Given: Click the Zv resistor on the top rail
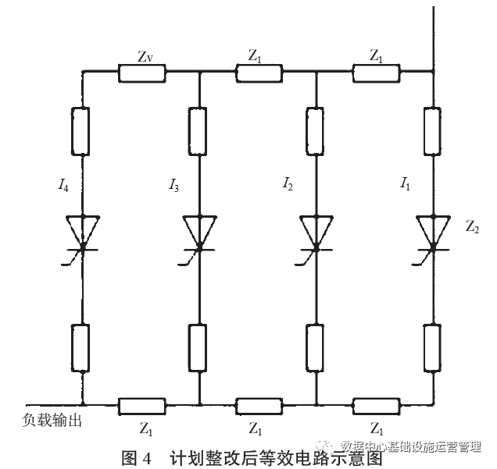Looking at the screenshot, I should coord(141,73).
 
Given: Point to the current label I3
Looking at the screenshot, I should coord(173,185).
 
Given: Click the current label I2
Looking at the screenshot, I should coord(288,185).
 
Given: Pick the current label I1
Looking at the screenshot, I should coord(405,185).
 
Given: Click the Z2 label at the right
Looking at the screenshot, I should coord(471,228).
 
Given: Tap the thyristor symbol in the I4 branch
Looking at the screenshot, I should coord(82,233).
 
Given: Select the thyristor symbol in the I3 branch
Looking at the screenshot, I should coord(199,233).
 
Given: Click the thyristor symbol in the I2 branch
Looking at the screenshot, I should coord(316,233).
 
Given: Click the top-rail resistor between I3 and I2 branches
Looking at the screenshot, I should coord(258,73).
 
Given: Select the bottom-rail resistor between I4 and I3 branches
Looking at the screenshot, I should coord(141,405).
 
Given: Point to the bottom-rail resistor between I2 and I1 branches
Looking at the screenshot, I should coord(375,405).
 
